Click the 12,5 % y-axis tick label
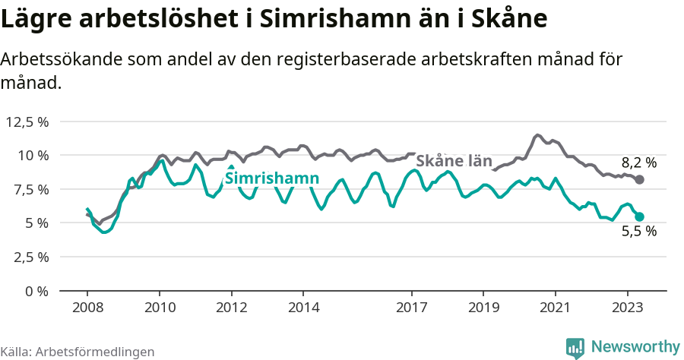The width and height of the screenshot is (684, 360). (27, 122)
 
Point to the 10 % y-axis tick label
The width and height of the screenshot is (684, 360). (33, 155)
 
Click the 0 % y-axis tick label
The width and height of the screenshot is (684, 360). (36, 291)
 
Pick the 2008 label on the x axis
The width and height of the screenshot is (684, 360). (87, 308)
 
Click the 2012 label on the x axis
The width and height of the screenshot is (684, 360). (232, 308)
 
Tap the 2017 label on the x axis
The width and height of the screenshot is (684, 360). (412, 308)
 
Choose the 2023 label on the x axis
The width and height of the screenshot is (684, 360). (628, 308)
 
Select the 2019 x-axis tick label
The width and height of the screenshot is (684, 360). (483, 308)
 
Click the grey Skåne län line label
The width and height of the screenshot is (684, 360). (454, 161)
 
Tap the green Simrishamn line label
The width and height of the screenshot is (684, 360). (271, 179)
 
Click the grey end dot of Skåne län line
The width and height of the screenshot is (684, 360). (639, 179)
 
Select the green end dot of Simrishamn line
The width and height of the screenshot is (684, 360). (639, 216)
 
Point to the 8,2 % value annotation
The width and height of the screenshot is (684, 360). (638, 162)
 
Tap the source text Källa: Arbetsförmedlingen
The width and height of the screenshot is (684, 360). (78, 352)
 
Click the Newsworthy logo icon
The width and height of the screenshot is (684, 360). (575, 347)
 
